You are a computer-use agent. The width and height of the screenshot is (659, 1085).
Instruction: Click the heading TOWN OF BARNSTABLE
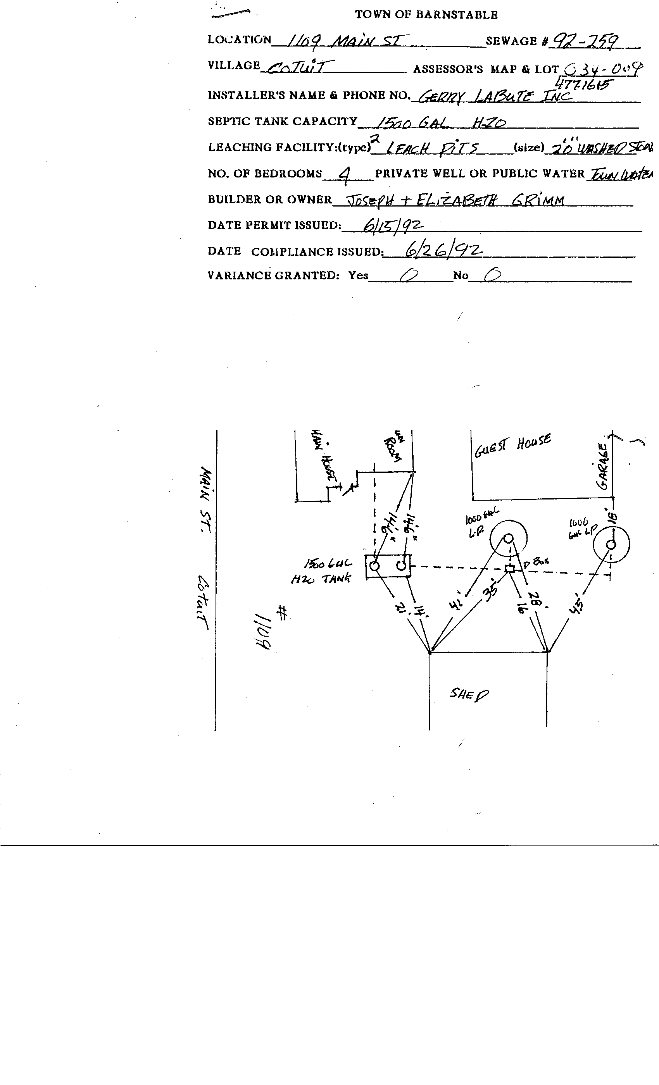point(426,15)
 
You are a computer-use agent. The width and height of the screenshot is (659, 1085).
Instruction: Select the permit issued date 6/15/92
point(392,226)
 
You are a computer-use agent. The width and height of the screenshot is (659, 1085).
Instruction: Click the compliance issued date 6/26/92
point(443,251)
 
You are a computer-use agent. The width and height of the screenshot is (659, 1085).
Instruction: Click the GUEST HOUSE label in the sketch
point(512,446)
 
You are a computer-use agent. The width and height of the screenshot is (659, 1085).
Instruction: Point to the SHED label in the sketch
point(469,695)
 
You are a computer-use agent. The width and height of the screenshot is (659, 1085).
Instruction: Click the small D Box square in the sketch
point(510,568)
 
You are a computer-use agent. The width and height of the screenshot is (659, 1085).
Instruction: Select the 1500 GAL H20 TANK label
point(325,571)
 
